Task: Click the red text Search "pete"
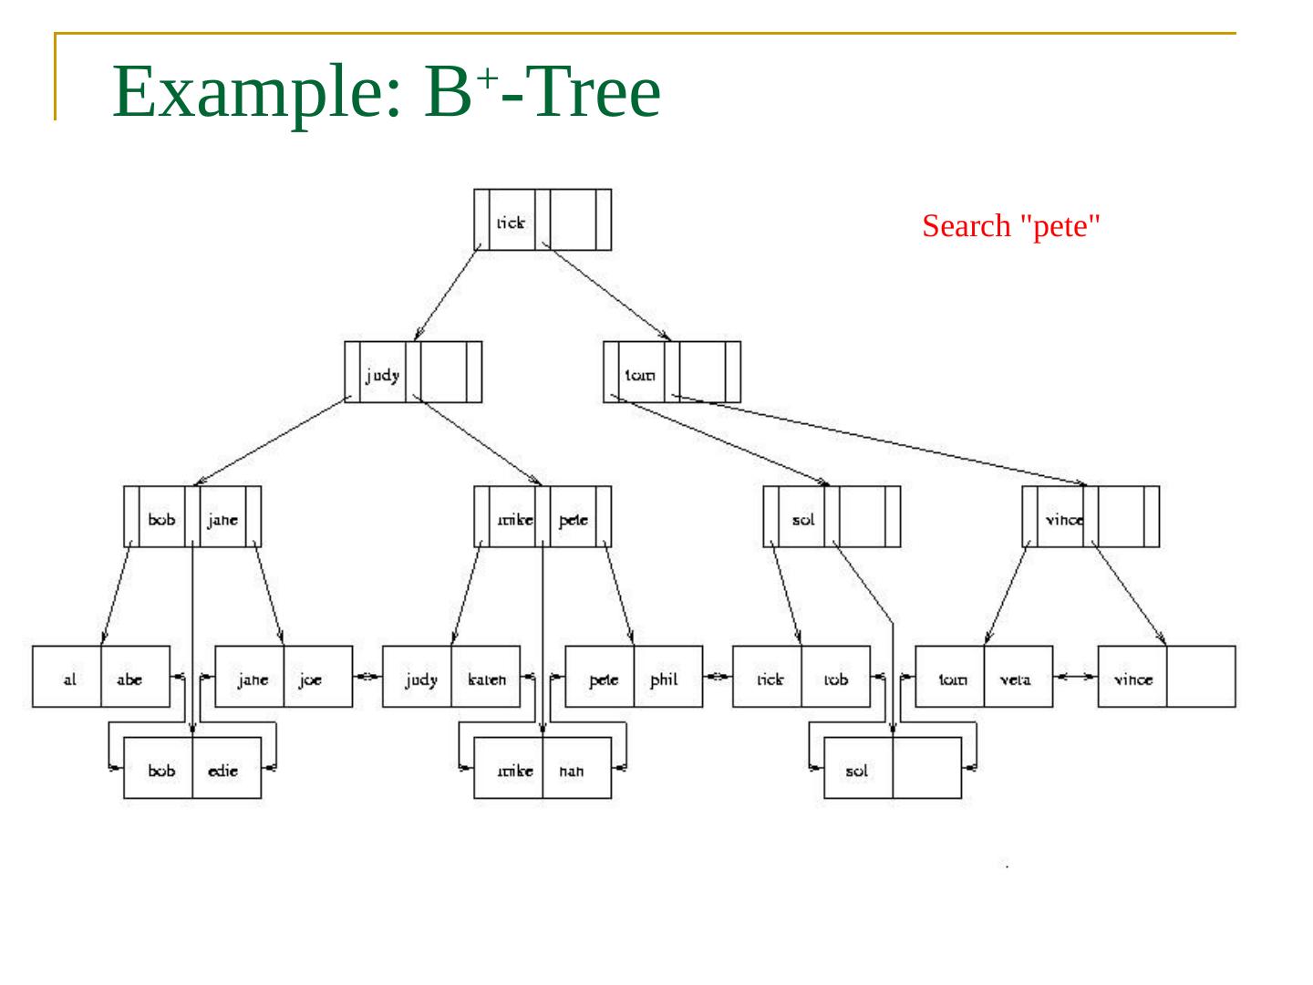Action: (x=1011, y=225)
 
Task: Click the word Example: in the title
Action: (x=256, y=92)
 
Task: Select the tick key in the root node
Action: (x=512, y=221)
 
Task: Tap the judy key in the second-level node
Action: (x=383, y=373)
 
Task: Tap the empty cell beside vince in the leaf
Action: (x=1201, y=678)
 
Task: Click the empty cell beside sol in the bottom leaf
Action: (x=926, y=769)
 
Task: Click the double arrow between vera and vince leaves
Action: (x=1075, y=677)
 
